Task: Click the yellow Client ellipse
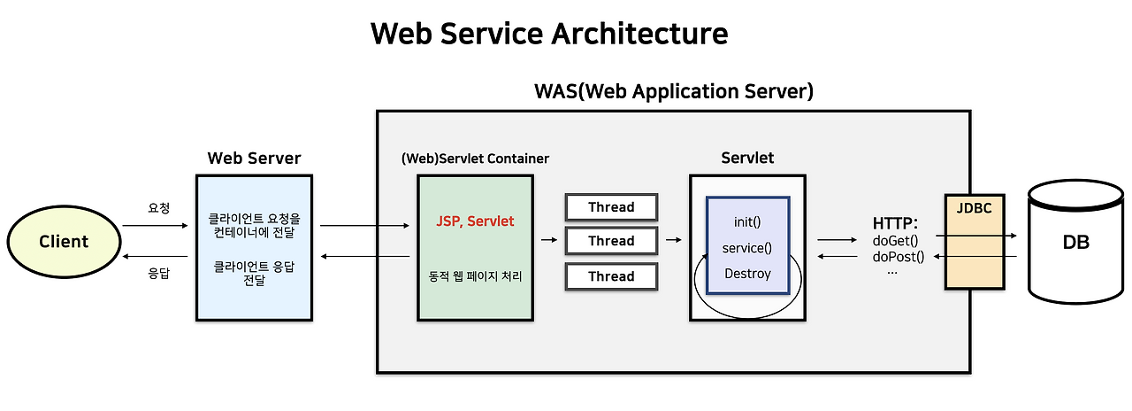coord(63,241)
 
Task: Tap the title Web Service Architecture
coord(549,34)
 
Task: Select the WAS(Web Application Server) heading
coord(674,91)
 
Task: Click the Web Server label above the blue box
coord(254,159)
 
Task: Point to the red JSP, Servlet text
coord(475,221)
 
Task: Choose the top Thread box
coord(612,207)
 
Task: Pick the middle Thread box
coord(612,241)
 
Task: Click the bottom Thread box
coord(612,276)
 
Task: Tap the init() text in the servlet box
coord(747,221)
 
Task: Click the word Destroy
coord(747,274)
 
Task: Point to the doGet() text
coord(896,240)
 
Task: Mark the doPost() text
coord(899,257)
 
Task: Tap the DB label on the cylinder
coord(1075,242)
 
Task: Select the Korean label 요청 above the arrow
coord(158,208)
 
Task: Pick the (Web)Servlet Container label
coord(475,159)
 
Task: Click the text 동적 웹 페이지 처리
coord(475,276)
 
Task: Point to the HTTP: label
coord(895,222)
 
